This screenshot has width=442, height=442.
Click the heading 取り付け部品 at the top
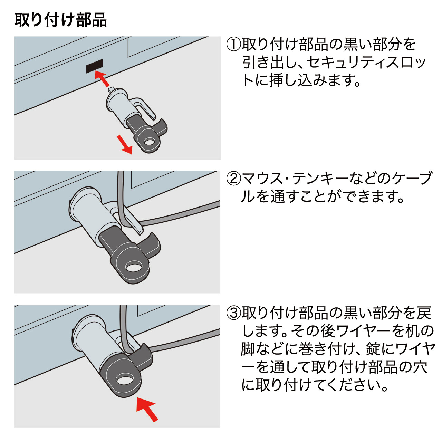[x=60, y=20]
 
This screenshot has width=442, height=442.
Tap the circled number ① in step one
[x=234, y=45]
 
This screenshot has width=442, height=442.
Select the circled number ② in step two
[x=234, y=179]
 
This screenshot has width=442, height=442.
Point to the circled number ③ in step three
[x=234, y=313]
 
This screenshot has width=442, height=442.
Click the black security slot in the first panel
[x=95, y=66]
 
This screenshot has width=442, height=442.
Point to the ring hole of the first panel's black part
[x=150, y=142]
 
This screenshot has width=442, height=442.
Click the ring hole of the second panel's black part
[x=134, y=267]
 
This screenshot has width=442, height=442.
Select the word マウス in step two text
[x=263, y=179]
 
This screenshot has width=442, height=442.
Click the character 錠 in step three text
[x=373, y=349]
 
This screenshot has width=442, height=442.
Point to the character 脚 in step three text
[x=248, y=349]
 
